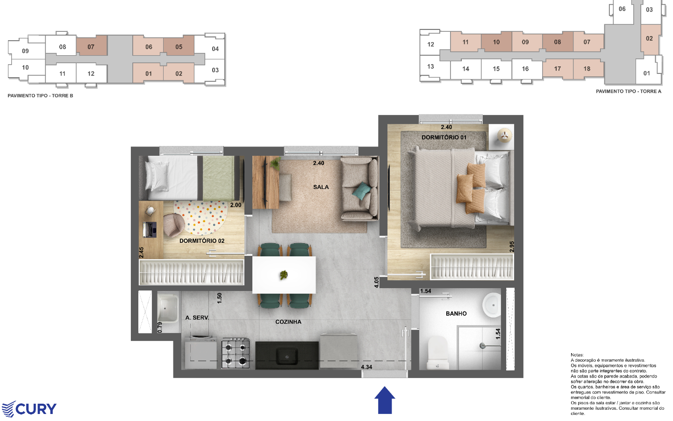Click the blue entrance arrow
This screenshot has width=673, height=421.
pos(385,400)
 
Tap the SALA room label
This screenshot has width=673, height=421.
pos(321,187)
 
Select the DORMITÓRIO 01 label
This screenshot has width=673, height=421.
pos(444,138)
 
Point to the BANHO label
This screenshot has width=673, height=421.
pos(456,313)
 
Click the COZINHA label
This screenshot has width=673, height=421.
pos(288,322)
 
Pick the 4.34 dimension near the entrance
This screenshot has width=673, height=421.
pos(366,367)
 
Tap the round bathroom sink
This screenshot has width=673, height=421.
pos(492,305)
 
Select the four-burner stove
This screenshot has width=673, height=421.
pos(236,353)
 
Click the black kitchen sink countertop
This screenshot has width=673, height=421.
pos(287,356)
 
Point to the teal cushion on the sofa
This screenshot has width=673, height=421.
pos(362,191)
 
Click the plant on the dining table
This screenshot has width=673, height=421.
pos(283,275)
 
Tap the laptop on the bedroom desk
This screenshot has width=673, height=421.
pos(150,230)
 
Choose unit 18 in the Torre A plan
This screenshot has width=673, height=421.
pos(587,69)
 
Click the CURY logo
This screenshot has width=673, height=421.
pos(29,409)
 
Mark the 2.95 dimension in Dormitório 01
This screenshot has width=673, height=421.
pos(512,247)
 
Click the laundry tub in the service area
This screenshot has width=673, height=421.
pos(168,309)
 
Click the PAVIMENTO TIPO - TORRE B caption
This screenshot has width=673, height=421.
pos(40,95)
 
